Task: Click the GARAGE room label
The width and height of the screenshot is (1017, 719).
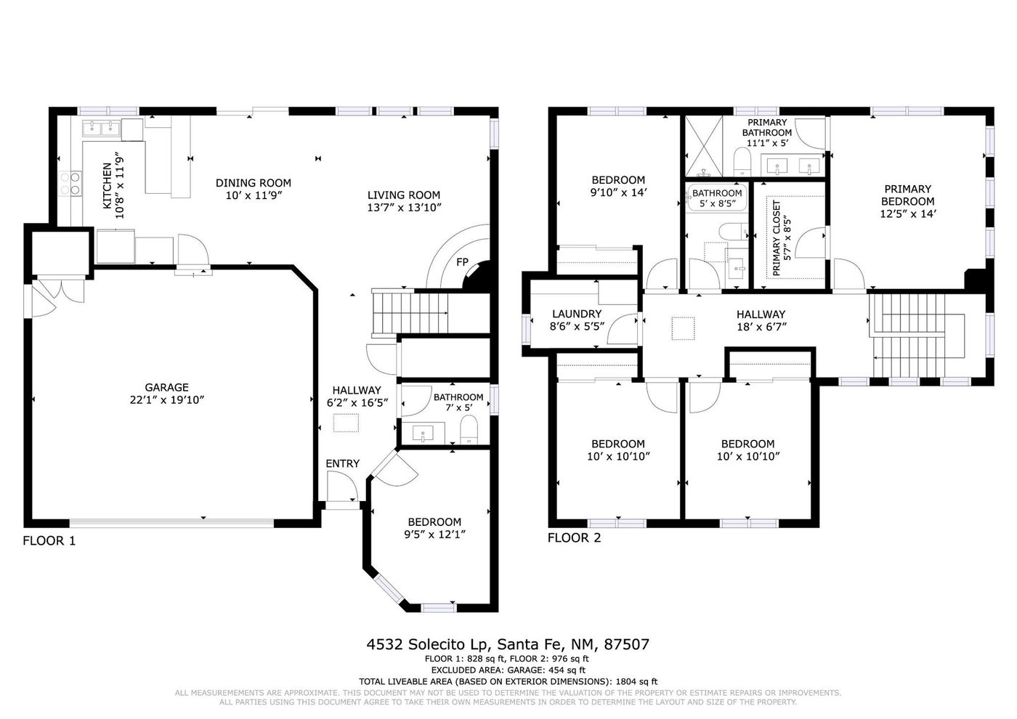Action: pos(166,387)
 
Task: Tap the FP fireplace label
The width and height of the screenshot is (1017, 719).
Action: pos(462,262)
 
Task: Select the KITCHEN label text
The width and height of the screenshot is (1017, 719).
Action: pos(108,186)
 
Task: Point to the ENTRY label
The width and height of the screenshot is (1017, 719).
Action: pos(342,463)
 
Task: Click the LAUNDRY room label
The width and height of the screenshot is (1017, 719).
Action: pos(577,314)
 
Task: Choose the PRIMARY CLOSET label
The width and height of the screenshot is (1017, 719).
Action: pos(776,238)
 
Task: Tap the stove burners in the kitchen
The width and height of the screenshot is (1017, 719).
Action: pos(70,184)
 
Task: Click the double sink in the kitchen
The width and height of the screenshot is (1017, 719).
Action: pos(101,129)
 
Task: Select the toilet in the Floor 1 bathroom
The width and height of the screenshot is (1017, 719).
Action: pos(469,430)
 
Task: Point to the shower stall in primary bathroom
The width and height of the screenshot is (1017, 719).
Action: pos(704,146)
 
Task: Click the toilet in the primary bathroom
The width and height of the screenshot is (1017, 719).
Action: pos(742,161)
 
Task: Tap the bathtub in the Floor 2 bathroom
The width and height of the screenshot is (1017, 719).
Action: pos(717,198)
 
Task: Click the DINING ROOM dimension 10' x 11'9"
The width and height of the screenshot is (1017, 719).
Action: pos(254,195)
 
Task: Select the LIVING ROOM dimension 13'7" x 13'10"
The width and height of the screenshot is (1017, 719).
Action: pos(404,208)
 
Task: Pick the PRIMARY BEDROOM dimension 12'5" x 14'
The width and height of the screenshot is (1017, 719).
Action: pos(908,214)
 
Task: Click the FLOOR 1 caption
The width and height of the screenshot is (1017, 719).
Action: pos(49,540)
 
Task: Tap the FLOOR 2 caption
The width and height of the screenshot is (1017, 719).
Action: pos(574,538)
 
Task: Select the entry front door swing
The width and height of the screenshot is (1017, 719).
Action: pos(342,486)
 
